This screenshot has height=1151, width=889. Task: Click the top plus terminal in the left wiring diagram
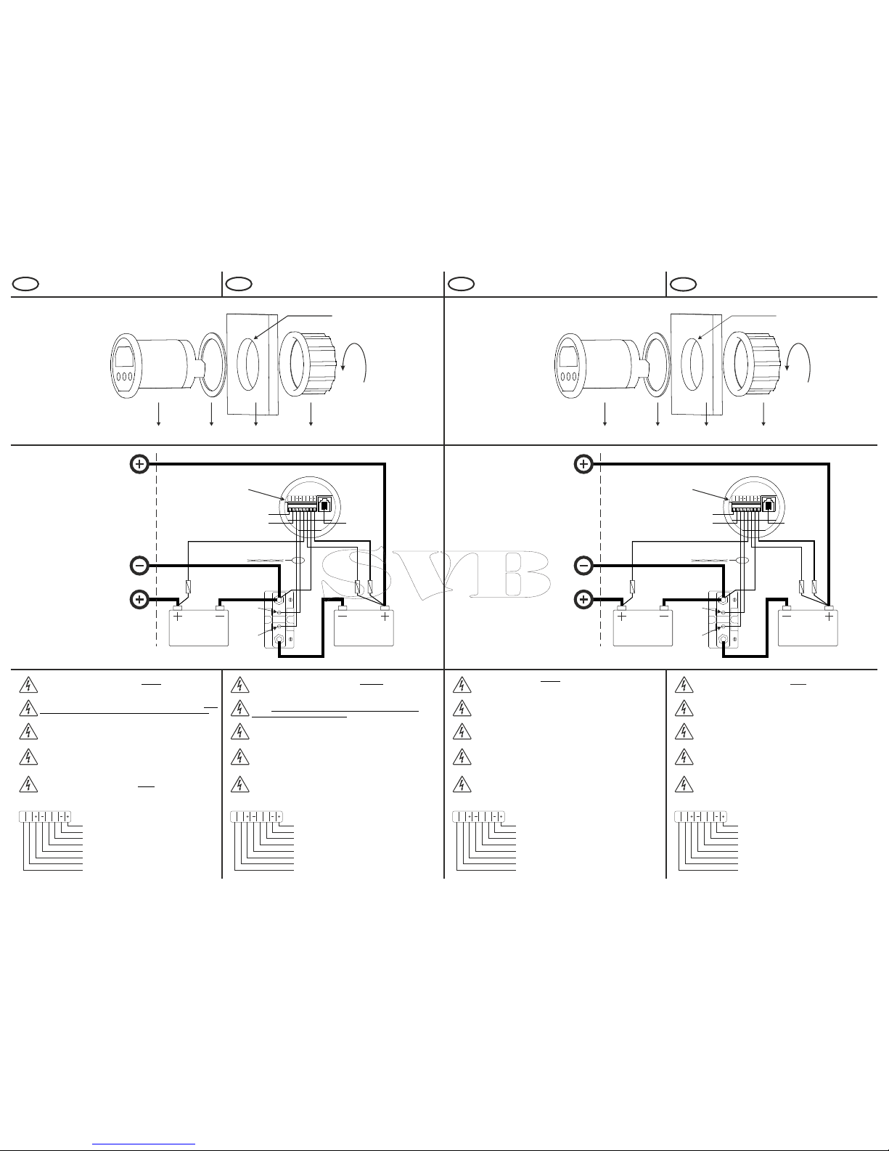click(139, 464)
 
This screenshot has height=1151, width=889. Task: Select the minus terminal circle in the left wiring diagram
click(139, 566)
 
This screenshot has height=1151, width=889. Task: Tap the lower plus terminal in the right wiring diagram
click(583, 600)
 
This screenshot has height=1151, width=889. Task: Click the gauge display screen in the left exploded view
click(124, 356)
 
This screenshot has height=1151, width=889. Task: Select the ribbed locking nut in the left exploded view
click(308, 364)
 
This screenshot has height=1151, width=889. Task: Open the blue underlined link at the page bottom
click(144, 1144)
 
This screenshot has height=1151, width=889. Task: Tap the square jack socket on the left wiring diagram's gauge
click(324, 504)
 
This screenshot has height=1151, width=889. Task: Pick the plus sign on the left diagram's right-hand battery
click(385, 616)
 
